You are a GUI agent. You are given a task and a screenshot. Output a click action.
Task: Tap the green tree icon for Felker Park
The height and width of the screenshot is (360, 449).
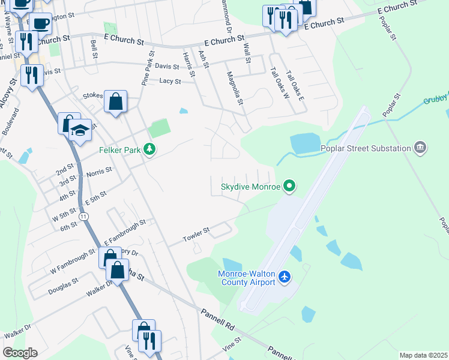tap(150, 149)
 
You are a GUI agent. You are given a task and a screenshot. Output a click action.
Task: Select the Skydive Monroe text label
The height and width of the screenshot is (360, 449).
tap(251, 187)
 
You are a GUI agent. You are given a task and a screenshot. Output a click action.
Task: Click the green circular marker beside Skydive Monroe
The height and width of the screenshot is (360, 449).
tap(289, 187)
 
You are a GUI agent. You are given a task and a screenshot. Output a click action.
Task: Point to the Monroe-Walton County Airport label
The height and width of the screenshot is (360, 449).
tap(246, 277)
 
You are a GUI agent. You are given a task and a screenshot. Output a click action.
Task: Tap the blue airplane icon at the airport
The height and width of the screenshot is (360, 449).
tap(285, 277)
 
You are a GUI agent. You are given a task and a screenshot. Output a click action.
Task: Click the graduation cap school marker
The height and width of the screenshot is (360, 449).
tap(79, 130)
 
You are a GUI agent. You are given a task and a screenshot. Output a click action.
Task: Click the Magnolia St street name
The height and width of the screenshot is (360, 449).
tap(233, 88)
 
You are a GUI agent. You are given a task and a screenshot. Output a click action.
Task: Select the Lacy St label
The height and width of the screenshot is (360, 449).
tap(170, 80)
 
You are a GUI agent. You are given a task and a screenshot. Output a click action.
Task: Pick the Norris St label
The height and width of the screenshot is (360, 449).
tap(99, 171)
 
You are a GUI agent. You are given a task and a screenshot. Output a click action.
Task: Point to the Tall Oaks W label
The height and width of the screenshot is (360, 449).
tap(279, 84)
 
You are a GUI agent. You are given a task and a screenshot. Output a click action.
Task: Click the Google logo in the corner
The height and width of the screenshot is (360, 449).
tap(20, 353)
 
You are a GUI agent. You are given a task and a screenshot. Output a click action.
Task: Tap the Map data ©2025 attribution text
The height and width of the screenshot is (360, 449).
tap(423, 355)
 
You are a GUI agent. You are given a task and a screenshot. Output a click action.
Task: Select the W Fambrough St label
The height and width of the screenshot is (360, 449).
tap(73, 261)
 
